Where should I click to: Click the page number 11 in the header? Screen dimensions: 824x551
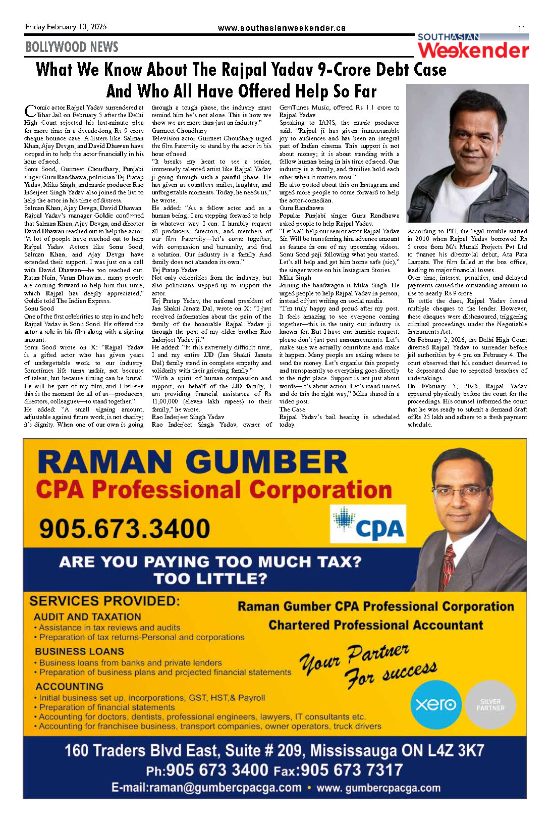[x=521, y=29]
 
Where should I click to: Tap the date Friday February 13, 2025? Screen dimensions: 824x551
[x=66, y=27]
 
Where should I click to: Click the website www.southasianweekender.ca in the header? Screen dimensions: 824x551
[x=282, y=28]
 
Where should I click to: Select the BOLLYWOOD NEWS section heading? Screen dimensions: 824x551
[x=72, y=47]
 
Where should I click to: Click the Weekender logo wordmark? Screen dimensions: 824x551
[x=473, y=50]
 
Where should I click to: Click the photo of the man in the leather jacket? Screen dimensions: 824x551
[x=467, y=153]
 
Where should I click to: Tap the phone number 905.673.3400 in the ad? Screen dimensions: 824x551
[x=125, y=529]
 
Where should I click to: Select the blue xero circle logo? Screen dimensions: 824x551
[x=436, y=704]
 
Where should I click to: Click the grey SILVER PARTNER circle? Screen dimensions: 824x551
[x=490, y=705]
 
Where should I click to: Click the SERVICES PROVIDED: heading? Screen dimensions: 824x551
[x=104, y=601]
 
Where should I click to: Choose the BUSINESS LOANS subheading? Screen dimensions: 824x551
[x=79, y=651]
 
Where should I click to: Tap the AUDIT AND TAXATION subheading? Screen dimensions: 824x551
[x=87, y=616]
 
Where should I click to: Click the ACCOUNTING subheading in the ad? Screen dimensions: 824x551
[x=69, y=687]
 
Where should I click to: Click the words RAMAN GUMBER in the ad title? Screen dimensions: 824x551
[x=192, y=462]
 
